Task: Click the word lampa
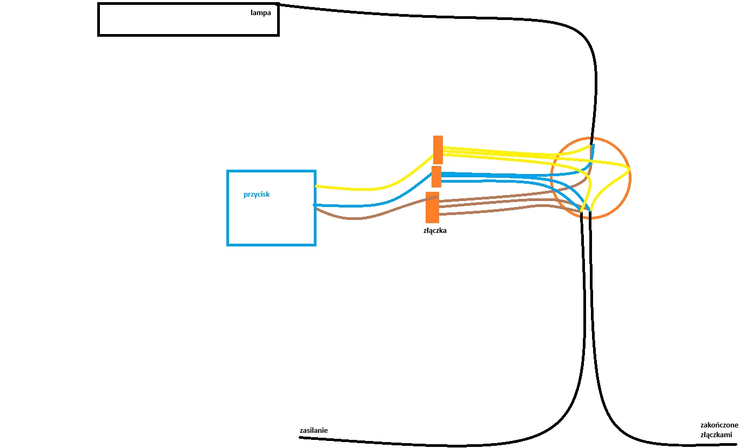[260, 12]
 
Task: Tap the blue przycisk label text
[256, 195]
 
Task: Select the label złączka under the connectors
[435, 230]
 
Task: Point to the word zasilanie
[313, 431]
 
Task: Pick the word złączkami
[716, 435]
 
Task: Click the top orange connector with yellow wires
[438, 150]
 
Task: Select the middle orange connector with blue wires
[436, 177]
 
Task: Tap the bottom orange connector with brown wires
[432, 208]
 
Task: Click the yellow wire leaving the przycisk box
[367, 189]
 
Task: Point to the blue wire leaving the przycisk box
[367, 205]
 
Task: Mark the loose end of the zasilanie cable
[301, 437]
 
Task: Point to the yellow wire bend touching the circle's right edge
[629, 170]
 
